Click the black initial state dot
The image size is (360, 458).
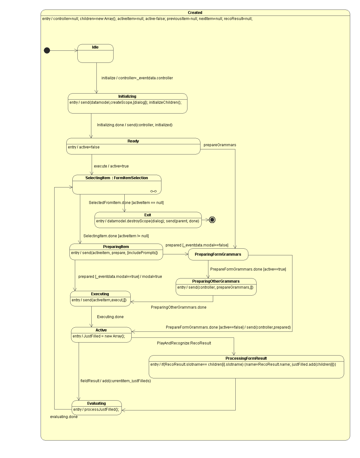point(47,50)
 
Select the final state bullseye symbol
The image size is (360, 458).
point(212,220)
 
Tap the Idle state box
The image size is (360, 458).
point(95,54)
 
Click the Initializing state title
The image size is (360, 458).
point(127,96)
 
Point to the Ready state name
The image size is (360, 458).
point(133,141)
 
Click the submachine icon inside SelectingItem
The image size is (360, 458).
point(154,191)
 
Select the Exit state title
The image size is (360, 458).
point(148,215)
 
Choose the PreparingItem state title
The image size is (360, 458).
point(116,247)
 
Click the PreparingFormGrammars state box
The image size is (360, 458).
point(218,254)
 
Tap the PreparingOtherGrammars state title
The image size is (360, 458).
point(216,281)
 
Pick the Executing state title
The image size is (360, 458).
point(100,294)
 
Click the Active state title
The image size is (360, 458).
point(101,330)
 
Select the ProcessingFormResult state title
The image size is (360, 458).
point(246,358)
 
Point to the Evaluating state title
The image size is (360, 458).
point(96,403)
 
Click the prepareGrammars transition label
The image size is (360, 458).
point(220,145)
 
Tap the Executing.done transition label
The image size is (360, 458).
point(110,317)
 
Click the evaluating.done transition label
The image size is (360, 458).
point(64,417)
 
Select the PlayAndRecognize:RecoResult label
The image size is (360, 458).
point(184,343)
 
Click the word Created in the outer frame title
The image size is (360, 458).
point(195,13)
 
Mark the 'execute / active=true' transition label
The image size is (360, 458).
point(111,166)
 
